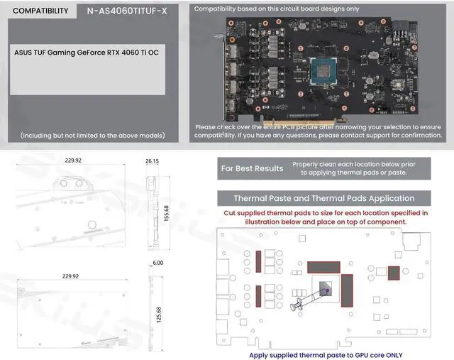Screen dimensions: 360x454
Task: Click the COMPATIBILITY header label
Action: click(40, 11)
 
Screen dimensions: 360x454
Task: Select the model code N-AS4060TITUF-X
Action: click(126, 11)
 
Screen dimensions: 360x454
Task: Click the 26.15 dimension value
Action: click(153, 161)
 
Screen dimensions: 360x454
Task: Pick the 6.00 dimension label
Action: click(157, 263)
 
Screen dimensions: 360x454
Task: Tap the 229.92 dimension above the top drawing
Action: click(72, 161)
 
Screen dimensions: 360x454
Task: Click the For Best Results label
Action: click(252, 168)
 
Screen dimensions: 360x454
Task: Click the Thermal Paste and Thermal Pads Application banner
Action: click(324, 198)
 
